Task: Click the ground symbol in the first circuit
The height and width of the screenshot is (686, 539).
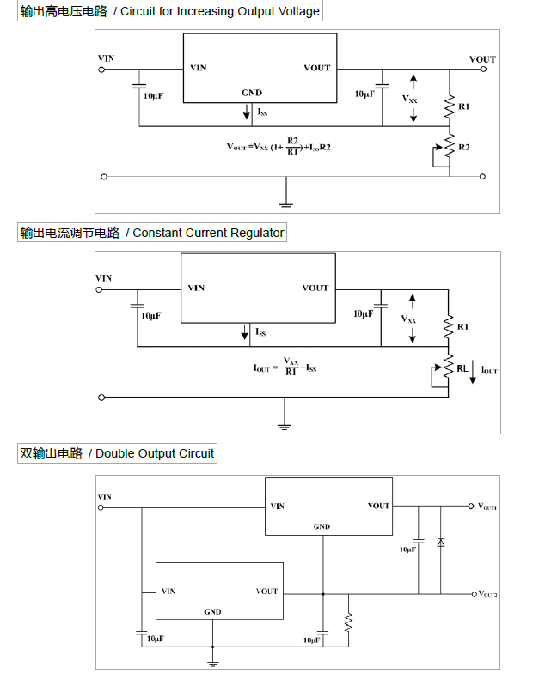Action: tap(286, 204)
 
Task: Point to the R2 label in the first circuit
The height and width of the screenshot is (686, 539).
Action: tap(464, 148)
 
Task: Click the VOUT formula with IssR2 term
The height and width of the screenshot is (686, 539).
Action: tap(279, 147)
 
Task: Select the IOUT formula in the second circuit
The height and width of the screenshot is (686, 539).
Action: tap(285, 367)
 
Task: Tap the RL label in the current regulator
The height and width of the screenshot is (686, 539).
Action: tap(462, 368)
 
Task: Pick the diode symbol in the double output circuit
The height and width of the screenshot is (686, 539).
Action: tap(440, 543)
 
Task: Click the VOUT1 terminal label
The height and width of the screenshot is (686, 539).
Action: tap(487, 507)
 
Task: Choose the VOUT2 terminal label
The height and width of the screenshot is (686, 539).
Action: tap(487, 593)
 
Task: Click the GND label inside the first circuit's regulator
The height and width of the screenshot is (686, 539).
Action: tap(252, 93)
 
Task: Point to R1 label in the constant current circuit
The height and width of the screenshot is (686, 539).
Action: tap(463, 327)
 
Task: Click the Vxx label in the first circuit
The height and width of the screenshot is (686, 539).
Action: tap(411, 100)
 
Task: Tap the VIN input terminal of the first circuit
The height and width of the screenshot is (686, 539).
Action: tap(103, 70)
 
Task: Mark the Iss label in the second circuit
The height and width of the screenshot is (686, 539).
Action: tap(261, 332)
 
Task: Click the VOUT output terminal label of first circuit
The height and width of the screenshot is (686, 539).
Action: tap(482, 59)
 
